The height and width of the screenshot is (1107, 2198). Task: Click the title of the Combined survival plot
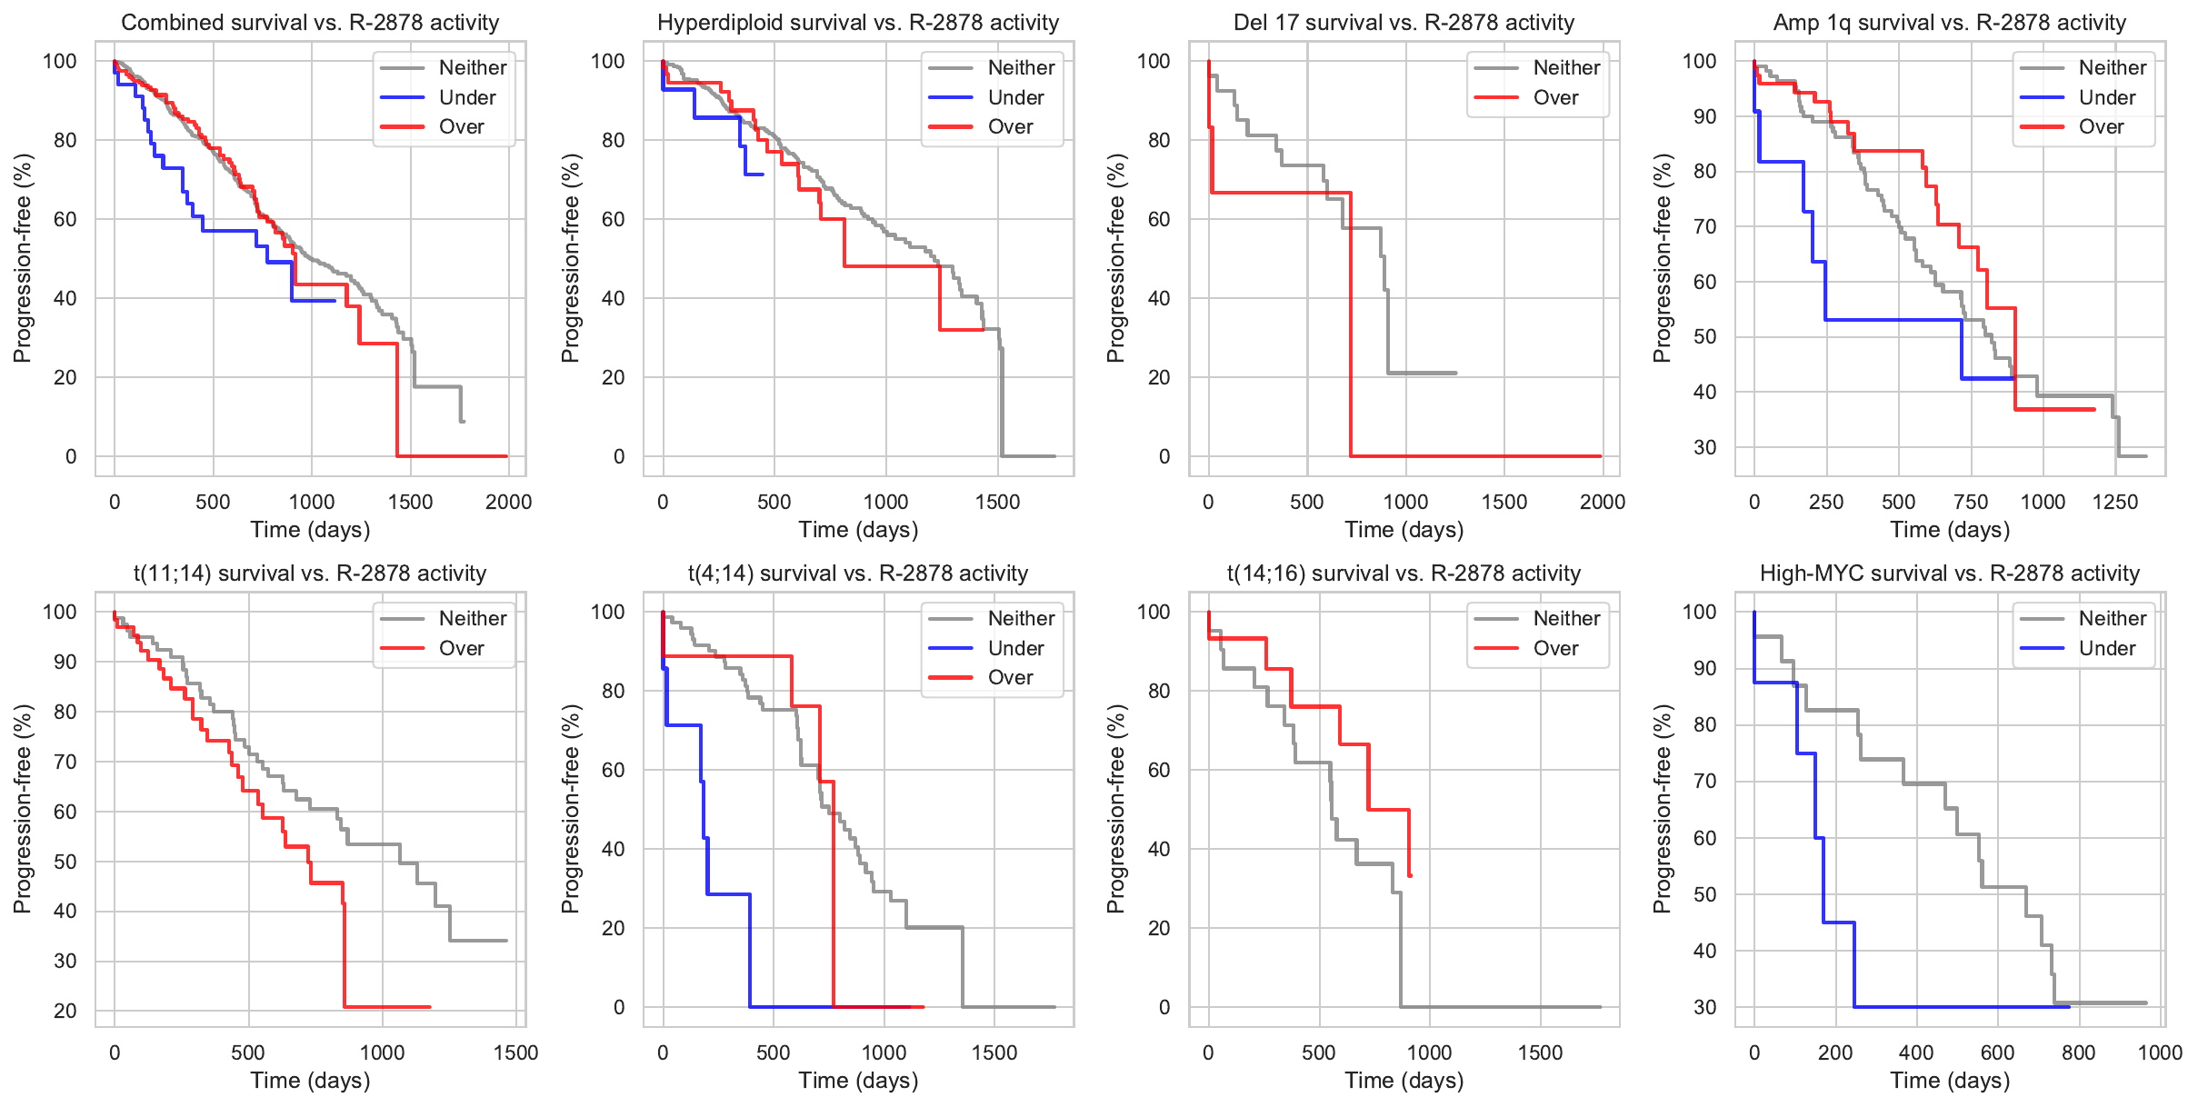[x=310, y=23]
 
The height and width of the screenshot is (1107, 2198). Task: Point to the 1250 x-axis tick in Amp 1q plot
[x=2115, y=502]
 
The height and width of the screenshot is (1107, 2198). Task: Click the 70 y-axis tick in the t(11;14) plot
[x=65, y=762]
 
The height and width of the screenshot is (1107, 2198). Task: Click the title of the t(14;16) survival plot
[x=1404, y=573]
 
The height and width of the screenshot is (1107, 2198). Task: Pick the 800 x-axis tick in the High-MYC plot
[x=2079, y=1052]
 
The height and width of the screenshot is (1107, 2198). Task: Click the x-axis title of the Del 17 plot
[x=1404, y=530]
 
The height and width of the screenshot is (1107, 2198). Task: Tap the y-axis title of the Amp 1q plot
[x=1663, y=258]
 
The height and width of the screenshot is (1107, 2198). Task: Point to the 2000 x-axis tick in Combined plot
[x=508, y=502]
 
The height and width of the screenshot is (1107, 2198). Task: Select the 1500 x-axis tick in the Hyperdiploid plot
[x=997, y=502]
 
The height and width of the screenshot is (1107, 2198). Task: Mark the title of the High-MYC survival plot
[x=1950, y=573]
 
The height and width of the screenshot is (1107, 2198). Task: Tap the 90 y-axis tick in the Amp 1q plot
[x=1704, y=116]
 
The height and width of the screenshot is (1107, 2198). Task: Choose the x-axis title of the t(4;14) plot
[x=858, y=1081]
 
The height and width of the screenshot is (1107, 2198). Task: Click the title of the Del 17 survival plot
[x=1404, y=23]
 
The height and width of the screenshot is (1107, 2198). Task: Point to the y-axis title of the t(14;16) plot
[x=1116, y=809]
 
